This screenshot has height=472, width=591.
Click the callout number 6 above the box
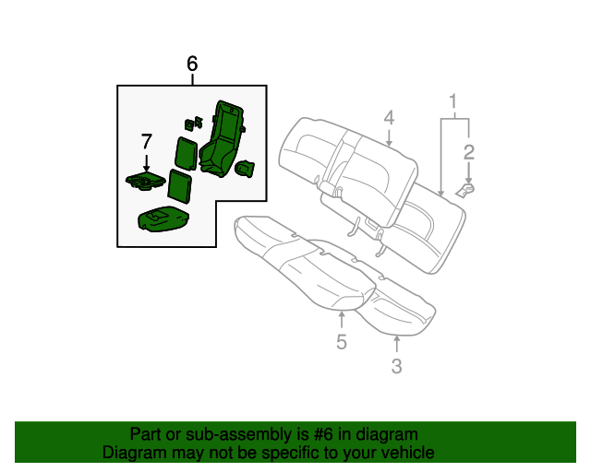(192, 64)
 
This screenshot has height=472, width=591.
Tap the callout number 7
(146, 141)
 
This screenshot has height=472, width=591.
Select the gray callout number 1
(453, 100)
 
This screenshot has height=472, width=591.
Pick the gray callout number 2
(469, 152)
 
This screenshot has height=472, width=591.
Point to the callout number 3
(396, 367)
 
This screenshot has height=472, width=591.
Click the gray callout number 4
(389, 117)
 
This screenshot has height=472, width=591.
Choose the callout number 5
(341, 343)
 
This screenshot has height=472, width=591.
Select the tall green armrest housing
(222, 138)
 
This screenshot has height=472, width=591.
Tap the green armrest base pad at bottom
(163, 219)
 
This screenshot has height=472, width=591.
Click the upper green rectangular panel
(185, 151)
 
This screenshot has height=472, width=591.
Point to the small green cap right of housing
(246, 167)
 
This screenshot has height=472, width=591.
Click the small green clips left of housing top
(193, 122)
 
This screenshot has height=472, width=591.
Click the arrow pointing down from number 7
(146, 161)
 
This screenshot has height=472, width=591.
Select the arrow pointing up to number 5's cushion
(341, 320)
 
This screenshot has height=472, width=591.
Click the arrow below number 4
(389, 139)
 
